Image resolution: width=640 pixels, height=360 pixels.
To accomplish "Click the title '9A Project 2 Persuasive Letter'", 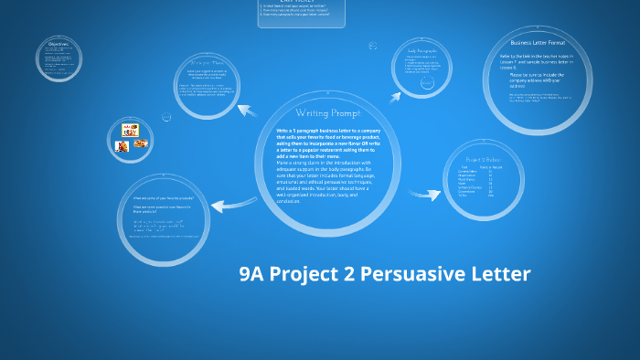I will (384, 274).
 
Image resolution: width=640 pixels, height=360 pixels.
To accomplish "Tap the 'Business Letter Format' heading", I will (537, 43).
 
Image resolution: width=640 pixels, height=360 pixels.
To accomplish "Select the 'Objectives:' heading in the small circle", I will (59, 44).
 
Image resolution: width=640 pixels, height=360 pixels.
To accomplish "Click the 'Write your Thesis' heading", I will (211, 62).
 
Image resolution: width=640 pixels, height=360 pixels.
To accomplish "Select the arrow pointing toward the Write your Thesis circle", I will (249, 111).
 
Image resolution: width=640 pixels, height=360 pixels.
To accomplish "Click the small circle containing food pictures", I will (129, 134).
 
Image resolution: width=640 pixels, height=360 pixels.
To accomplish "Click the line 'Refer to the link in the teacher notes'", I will (537, 58).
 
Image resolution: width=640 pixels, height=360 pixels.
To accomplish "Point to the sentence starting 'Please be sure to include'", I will (537, 78).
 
